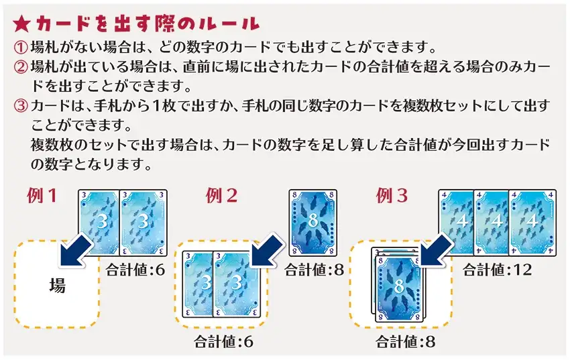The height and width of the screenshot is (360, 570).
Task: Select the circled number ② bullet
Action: pyautogui.click(x=21, y=68)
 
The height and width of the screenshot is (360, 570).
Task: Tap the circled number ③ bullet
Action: pyautogui.click(x=21, y=107)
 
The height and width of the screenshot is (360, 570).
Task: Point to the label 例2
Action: pyautogui.click(x=221, y=196)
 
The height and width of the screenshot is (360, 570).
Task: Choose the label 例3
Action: pyautogui.click(x=393, y=196)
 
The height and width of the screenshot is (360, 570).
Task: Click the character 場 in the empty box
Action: pyautogui.click(x=58, y=286)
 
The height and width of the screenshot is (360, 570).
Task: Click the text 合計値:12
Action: pyautogui.click(x=494, y=269)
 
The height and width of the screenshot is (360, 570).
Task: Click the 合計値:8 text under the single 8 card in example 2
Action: pyautogui.click(x=313, y=269)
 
